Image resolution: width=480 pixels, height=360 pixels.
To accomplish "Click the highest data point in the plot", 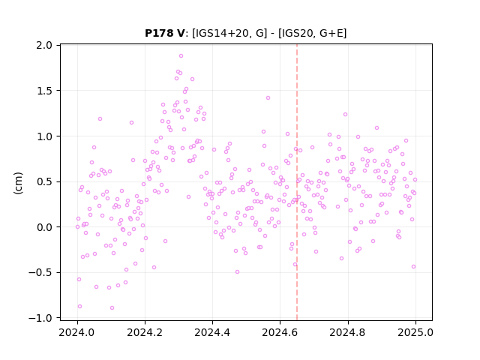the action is [181, 56].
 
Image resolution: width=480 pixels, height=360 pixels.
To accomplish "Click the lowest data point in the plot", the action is [112, 307].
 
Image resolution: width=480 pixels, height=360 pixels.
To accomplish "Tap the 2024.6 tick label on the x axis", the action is [280, 332].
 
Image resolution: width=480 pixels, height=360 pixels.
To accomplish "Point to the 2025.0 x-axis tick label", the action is [415, 332].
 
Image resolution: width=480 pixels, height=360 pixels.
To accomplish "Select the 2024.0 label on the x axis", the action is [77, 332].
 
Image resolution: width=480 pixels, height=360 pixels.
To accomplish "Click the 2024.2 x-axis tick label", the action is [145, 332].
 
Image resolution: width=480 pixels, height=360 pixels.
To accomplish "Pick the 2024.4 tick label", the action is [212, 332].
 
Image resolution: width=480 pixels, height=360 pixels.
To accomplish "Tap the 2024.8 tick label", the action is [347, 332].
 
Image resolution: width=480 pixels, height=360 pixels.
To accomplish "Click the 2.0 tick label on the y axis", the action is [44, 45].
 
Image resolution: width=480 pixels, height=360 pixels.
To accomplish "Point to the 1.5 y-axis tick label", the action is [44, 91].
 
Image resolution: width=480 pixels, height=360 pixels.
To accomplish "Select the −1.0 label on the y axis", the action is [40, 318].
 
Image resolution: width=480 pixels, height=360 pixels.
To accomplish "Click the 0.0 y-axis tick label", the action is [44, 227].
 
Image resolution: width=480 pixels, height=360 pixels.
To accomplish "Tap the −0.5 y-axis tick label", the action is [40, 273].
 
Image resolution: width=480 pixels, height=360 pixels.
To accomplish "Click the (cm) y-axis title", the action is [18, 183].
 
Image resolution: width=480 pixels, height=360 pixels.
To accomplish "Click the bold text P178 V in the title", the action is [165, 33].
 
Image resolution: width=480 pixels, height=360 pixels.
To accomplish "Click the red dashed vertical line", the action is [297, 182].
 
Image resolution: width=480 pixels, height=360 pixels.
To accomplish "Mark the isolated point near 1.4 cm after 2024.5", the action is [268, 98].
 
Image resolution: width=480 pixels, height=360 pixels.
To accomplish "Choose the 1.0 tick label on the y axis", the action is [44, 136].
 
